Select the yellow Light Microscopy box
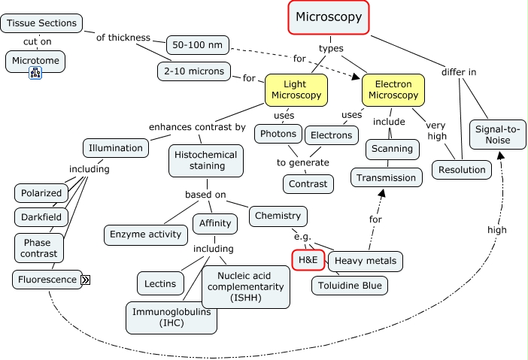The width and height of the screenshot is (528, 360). point(296,89)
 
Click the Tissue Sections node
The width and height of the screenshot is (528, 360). point(42,23)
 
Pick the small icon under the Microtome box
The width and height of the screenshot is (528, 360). point(35,73)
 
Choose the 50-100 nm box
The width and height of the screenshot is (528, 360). point(197,45)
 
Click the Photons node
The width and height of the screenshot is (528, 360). point(278,135)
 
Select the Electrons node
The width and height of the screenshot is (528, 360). point(331,135)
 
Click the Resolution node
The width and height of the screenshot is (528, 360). point(462,170)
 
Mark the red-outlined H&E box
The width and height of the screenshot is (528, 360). point(307,259)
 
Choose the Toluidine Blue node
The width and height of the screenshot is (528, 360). point(350,286)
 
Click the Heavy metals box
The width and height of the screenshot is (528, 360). point(366,261)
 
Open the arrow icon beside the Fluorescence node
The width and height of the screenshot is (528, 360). point(86,280)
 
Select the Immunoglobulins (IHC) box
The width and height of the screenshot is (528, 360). point(171,317)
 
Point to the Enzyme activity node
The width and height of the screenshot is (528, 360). point(145,234)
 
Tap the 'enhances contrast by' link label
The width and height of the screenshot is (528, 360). point(198,127)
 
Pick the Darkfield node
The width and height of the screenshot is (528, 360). point(41,217)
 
